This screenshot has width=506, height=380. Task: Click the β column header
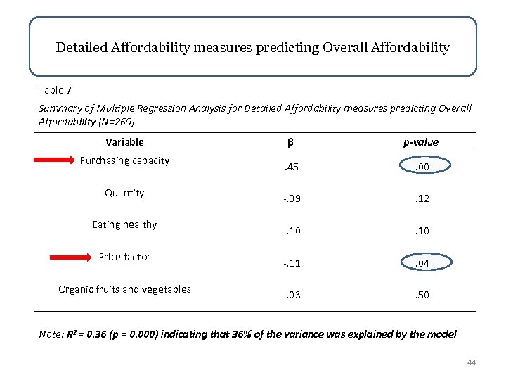(x=290, y=142)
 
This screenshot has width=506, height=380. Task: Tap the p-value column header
(x=420, y=142)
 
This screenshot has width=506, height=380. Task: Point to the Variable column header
(x=124, y=142)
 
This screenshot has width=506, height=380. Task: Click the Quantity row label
(x=124, y=193)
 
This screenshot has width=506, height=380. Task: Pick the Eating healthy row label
(x=124, y=225)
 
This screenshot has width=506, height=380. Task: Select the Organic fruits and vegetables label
(x=124, y=289)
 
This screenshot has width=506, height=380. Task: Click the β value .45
(x=290, y=167)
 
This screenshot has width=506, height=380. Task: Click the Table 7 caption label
(x=54, y=90)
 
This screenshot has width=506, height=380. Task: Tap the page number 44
(x=471, y=362)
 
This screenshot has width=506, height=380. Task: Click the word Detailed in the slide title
(x=80, y=48)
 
